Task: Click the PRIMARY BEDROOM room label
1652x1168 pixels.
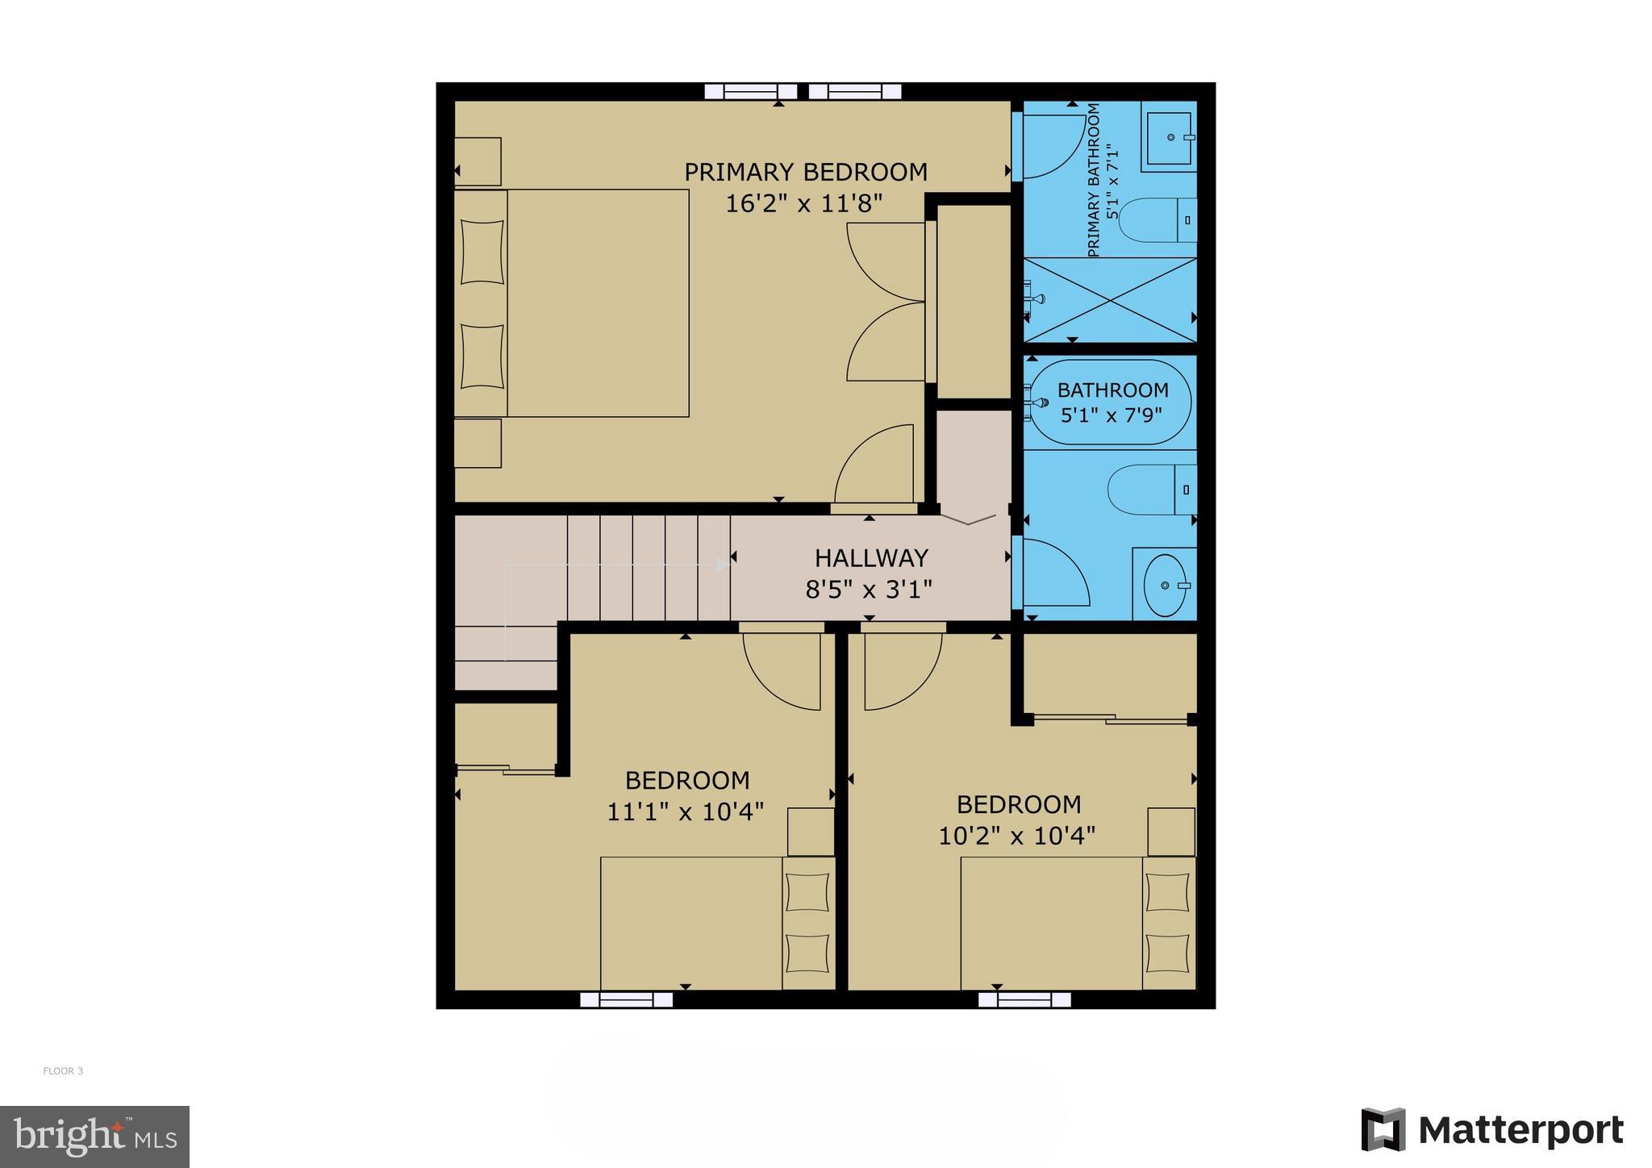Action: (805, 172)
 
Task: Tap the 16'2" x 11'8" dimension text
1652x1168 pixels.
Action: (804, 203)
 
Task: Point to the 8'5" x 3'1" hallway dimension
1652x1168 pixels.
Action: (869, 590)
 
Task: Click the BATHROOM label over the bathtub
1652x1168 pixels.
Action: (1112, 390)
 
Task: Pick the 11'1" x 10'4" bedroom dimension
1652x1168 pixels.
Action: (685, 811)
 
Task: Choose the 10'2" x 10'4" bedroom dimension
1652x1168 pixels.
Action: (1016, 836)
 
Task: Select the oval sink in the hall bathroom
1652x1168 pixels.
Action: (1166, 585)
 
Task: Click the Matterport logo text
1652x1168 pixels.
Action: (1521, 1131)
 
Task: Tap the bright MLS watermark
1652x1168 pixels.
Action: (94, 1137)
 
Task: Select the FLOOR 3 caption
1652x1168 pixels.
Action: (63, 1071)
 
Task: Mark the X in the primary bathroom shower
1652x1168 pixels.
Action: (1110, 299)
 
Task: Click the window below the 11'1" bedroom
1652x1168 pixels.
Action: (627, 1000)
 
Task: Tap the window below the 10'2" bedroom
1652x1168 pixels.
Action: (1024, 1000)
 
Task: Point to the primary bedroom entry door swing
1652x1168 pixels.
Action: (874, 466)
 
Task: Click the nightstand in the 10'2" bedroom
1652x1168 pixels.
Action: (1171, 832)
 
